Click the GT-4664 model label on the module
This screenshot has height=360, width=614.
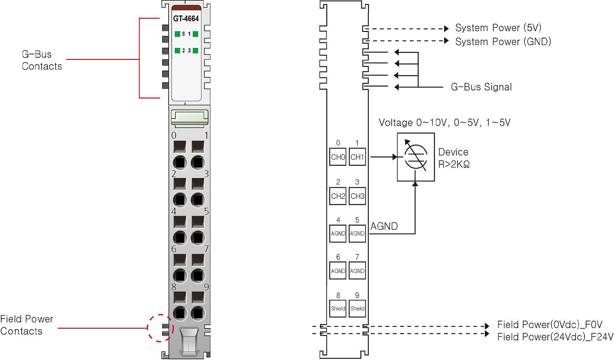[x=186, y=18]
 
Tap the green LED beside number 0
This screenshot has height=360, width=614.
[x=178, y=34]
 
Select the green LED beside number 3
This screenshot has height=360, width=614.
[x=196, y=51]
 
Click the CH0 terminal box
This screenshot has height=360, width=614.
[x=338, y=157]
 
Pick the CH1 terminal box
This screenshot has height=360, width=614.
[x=357, y=157]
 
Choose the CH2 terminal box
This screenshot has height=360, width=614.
[x=338, y=196]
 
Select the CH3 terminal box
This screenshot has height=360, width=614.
[x=357, y=196]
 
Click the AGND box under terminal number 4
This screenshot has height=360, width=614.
[x=338, y=233]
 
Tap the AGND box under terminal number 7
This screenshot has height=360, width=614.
[x=357, y=271]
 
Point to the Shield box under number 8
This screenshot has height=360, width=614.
[x=338, y=308]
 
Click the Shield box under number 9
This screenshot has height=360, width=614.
[x=357, y=308]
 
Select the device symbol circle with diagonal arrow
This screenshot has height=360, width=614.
[x=415, y=157]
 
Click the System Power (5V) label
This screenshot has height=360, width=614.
[x=498, y=28]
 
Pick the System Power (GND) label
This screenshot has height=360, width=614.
[x=503, y=42]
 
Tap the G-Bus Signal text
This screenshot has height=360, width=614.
[x=481, y=87]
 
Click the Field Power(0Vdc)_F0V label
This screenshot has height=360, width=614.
[x=550, y=325]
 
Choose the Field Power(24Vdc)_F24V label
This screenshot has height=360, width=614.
[x=555, y=337]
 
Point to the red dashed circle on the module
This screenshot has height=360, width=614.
[x=160, y=328]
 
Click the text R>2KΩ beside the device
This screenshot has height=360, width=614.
[x=454, y=165]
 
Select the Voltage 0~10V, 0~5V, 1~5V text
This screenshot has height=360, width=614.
[x=445, y=122]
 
